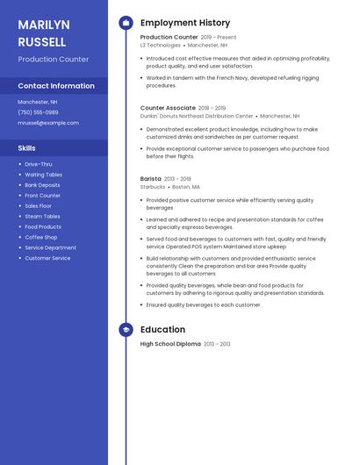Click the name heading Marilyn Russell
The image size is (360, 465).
pyautogui.click(x=42, y=32)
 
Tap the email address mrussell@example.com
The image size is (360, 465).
pyautogui.click(x=48, y=123)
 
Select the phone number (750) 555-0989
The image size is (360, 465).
pyautogui.click(x=38, y=112)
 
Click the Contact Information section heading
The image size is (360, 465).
pyautogui.click(x=56, y=86)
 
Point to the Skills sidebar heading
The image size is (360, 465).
pyautogui.click(x=26, y=148)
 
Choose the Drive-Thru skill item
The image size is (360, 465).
pyautogui.click(x=38, y=164)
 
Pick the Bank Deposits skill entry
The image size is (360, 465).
pyautogui.click(x=42, y=185)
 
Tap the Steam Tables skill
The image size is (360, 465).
pyautogui.click(x=42, y=217)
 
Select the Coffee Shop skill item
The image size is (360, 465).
pyautogui.click(x=40, y=237)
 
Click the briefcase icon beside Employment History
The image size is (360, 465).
pyautogui.click(x=126, y=23)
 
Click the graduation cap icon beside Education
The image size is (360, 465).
pyautogui.click(x=126, y=330)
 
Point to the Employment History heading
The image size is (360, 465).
pyautogui.click(x=185, y=23)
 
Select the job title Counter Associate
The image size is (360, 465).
pyautogui.click(x=168, y=108)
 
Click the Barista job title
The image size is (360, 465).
pyautogui.click(x=151, y=179)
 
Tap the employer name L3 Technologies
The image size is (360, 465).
pyautogui.click(x=160, y=45)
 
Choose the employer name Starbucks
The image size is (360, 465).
pyautogui.click(x=153, y=187)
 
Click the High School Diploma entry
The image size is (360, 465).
pyautogui.click(x=170, y=344)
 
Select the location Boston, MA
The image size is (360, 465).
pyautogui.click(x=186, y=187)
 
